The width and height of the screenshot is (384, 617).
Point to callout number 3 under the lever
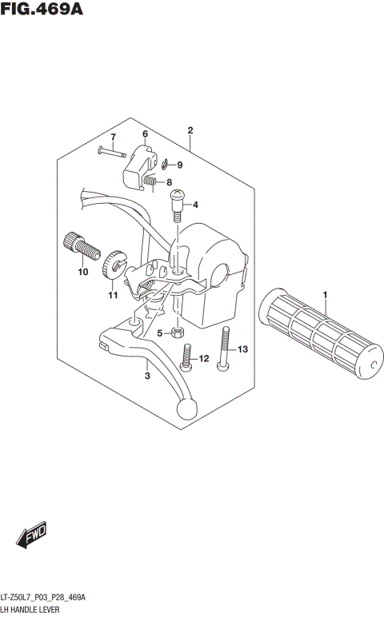point(146,376)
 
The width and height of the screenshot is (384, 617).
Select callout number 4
point(194,205)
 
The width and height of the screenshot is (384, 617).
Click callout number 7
point(114,137)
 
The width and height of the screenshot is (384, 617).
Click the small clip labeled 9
point(164,165)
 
